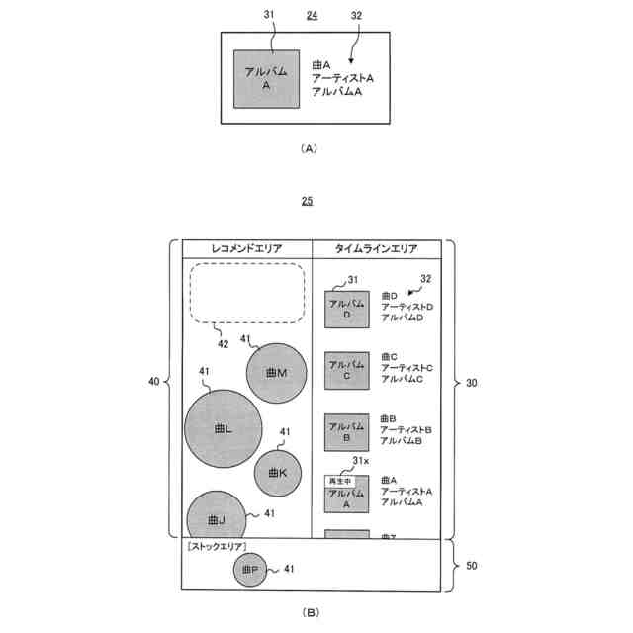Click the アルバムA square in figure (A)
(266, 79)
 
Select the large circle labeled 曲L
(224, 428)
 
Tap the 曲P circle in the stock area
(249, 569)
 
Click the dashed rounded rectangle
(246, 293)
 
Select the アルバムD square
(347, 310)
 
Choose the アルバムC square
(347, 372)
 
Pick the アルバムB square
(347, 432)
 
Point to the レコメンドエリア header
(246, 249)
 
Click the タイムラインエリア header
(376, 249)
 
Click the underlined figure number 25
(308, 201)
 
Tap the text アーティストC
(406, 367)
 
